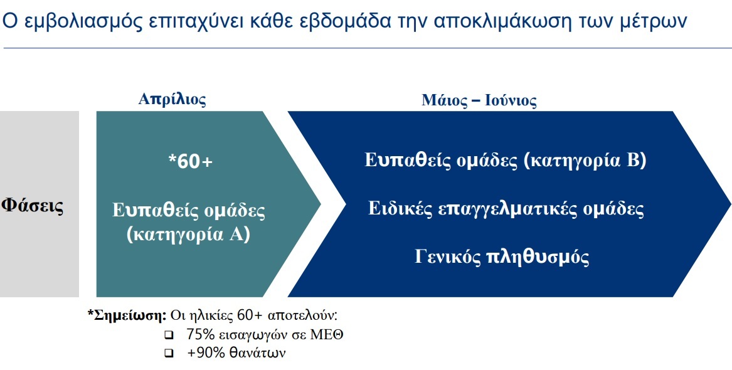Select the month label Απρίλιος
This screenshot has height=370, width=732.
click(x=172, y=98)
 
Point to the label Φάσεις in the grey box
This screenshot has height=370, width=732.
click(x=33, y=205)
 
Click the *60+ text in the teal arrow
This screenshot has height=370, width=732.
click(x=191, y=161)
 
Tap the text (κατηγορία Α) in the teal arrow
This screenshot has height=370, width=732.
click(x=188, y=235)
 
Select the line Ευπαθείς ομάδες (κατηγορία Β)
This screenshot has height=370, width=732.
click(x=506, y=160)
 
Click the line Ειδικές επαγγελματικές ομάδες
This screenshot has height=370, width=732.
click(x=506, y=208)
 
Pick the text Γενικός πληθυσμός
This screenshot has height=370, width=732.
click(x=502, y=256)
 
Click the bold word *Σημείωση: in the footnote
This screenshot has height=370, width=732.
click(x=127, y=315)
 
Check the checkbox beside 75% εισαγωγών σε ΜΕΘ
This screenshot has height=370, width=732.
click(x=168, y=335)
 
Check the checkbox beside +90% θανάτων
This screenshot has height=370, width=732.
click(x=168, y=353)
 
